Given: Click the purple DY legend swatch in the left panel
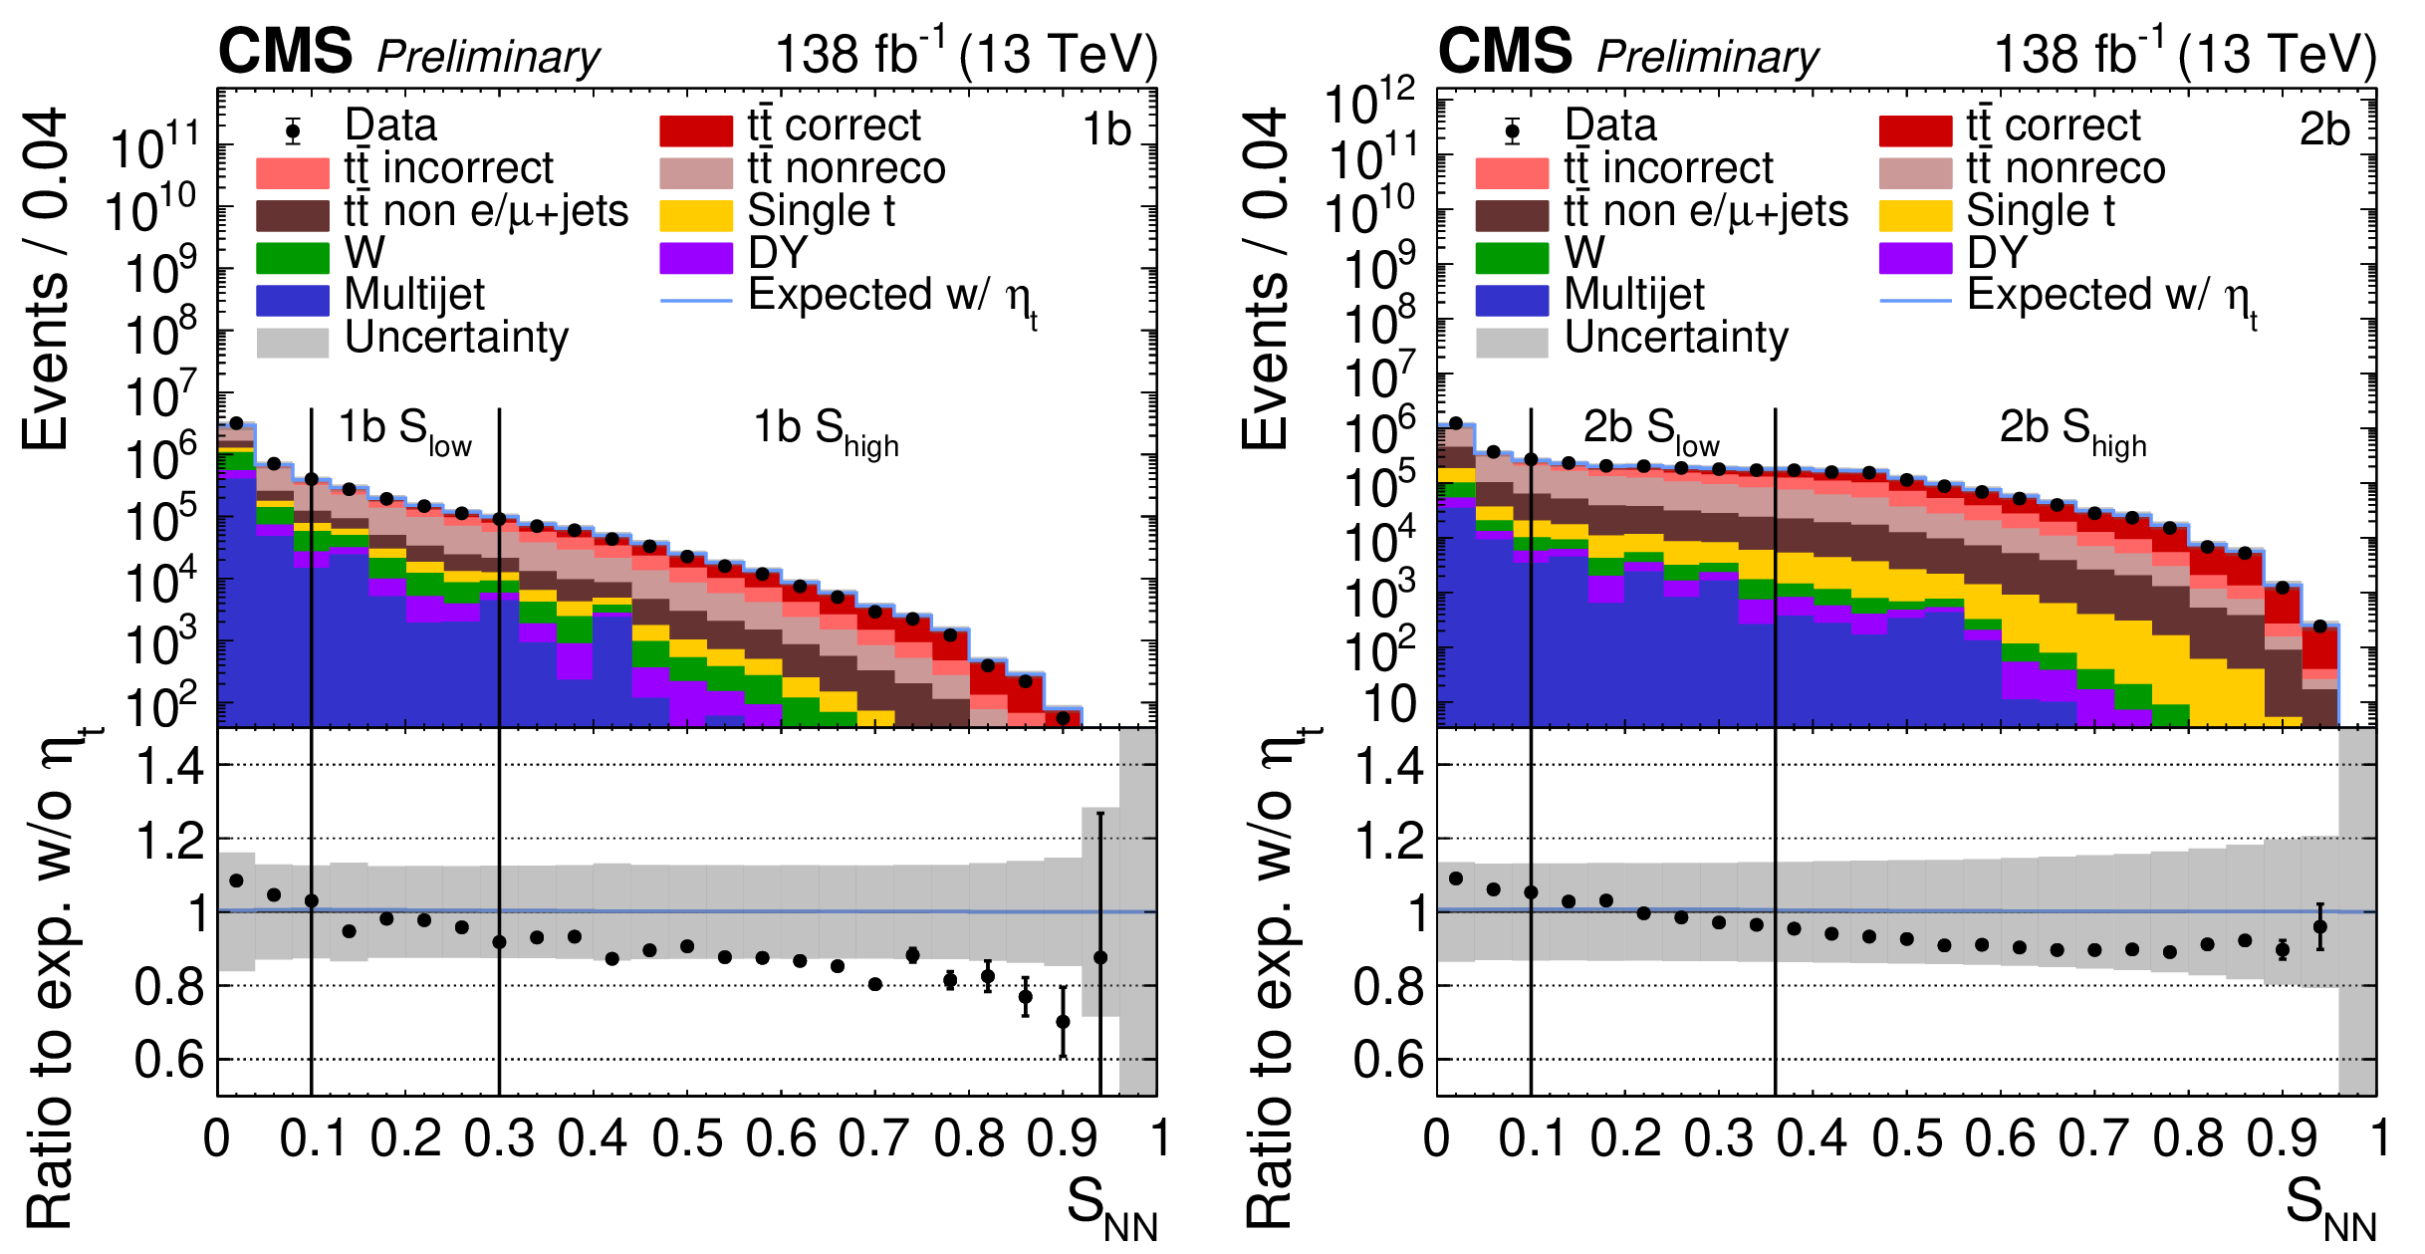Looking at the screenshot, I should [x=695, y=257].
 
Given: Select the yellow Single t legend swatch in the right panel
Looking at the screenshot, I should [x=1915, y=214].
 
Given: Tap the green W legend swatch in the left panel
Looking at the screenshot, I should [x=292, y=257].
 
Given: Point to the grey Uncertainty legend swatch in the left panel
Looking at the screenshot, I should [x=292, y=342].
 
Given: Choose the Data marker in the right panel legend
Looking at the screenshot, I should [x=1512, y=130].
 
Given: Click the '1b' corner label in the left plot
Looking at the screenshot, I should [x=1106, y=130].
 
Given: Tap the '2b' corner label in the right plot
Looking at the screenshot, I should [x=2324, y=130].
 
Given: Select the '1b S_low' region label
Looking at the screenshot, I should [x=404, y=430].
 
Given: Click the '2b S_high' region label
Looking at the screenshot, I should [x=2072, y=430].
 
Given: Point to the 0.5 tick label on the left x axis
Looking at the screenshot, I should [x=687, y=1138].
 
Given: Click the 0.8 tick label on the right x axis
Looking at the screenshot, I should [x=2188, y=1138].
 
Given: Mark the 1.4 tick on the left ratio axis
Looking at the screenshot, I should [x=169, y=767].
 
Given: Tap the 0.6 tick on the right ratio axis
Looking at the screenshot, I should [x=1388, y=1060].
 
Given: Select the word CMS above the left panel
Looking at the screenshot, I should [x=285, y=52].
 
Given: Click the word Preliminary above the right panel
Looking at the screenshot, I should [x=1708, y=57].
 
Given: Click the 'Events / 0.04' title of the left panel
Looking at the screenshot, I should [x=46, y=279].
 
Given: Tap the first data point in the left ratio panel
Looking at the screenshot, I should [x=236, y=880].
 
